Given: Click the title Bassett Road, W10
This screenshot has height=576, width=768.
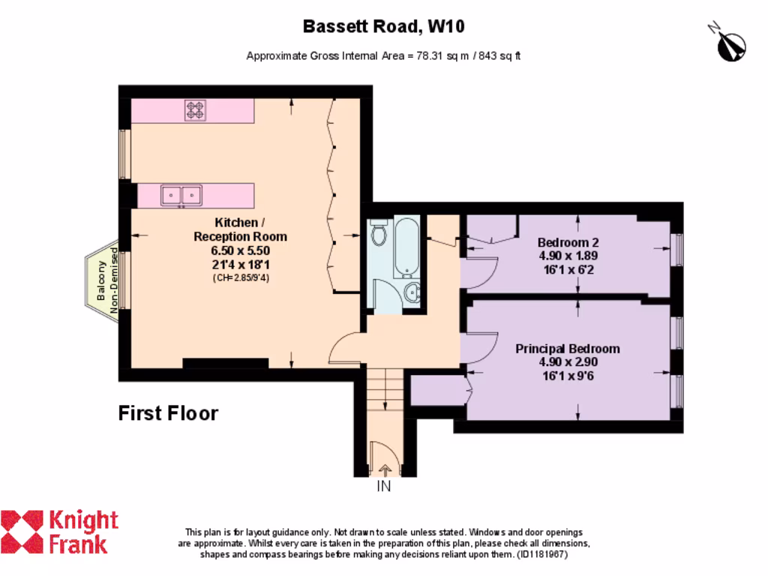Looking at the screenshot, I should (x=383, y=27).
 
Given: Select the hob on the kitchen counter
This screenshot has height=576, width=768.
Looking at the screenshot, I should (x=195, y=111).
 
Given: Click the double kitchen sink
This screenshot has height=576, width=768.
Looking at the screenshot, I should (x=181, y=195).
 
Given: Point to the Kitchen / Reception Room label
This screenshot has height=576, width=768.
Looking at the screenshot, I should (x=240, y=229).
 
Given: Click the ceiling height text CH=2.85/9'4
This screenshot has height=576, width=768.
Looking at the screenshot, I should (x=240, y=277).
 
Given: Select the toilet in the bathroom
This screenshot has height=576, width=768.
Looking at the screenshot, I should (x=379, y=234).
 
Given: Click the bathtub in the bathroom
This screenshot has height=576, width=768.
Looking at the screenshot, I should (x=407, y=246).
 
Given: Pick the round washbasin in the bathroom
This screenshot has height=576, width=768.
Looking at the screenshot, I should (x=412, y=292).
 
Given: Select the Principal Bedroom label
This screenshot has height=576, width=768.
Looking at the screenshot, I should (x=568, y=349).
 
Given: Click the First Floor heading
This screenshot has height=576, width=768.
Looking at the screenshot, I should (x=169, y=413).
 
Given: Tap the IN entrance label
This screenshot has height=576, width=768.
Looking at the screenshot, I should (x=384, y=486).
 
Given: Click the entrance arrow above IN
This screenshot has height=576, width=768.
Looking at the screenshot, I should (x=385, y=470).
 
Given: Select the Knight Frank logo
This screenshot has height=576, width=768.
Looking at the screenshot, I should (x=60, y=531).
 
